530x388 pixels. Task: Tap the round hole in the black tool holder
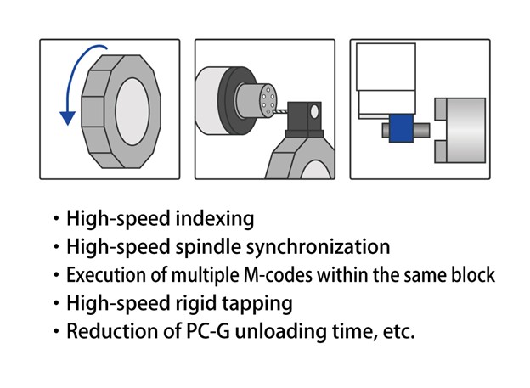pyautogui.click(x=314, y=110)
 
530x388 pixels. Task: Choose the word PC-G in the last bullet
pyautogui.click(x=219, y=331)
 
